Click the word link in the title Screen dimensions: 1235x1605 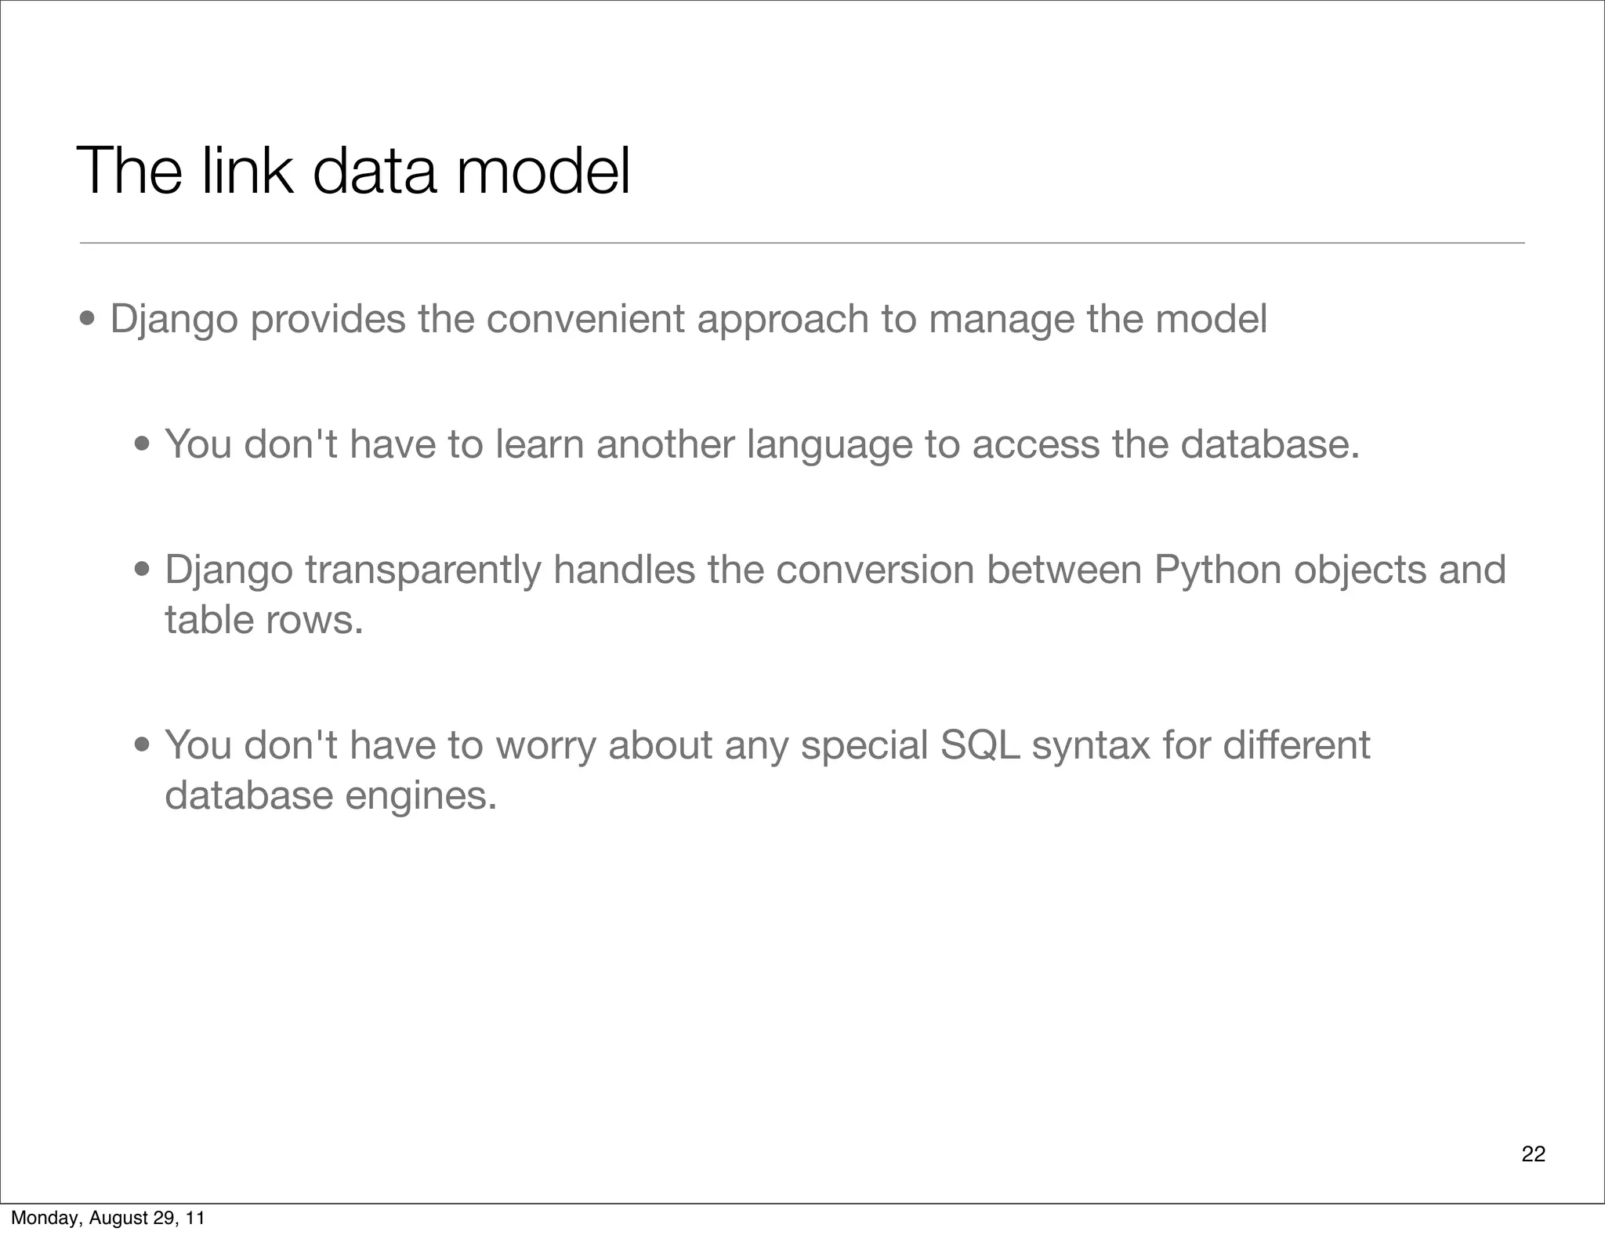click(x=247, y=171)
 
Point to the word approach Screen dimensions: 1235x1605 click(x=783, y=321)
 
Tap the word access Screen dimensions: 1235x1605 click(x=1035, y=444)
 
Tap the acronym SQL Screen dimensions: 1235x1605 click(x=980, y=745)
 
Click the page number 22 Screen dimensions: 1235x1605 click(x=1533, y=1154)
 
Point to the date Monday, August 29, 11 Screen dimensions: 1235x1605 click(x=107, y=1218)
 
